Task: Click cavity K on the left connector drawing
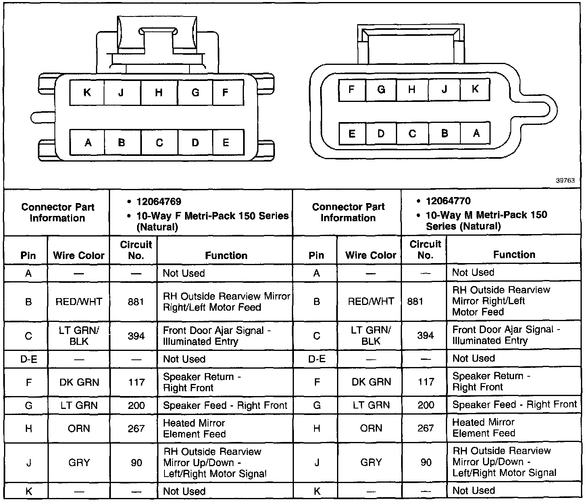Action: coord(87,93)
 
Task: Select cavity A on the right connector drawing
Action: coord(476,133)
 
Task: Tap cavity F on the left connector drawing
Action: coord(226,93)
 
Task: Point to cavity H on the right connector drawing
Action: coord(412,89)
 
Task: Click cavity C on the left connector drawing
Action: coord(159,143)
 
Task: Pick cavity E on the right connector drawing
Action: coord(352,133)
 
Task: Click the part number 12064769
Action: coord(159,202)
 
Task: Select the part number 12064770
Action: coord(448,201)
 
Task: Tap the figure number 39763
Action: coord(565,181)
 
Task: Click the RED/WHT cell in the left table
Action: coord(79,302)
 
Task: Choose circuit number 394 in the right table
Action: coord(425,335)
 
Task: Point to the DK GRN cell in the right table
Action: coord(371,382)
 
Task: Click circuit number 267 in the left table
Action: coord(136,428)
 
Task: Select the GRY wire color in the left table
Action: coord(79,463)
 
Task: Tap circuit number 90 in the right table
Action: coord(426,462)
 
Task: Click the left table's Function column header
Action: coord(226,255)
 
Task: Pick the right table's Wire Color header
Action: coord(371,255)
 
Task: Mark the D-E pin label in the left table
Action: coord(28,359)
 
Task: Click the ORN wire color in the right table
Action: coord(371,428)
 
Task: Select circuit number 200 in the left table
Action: coord(136,405)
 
